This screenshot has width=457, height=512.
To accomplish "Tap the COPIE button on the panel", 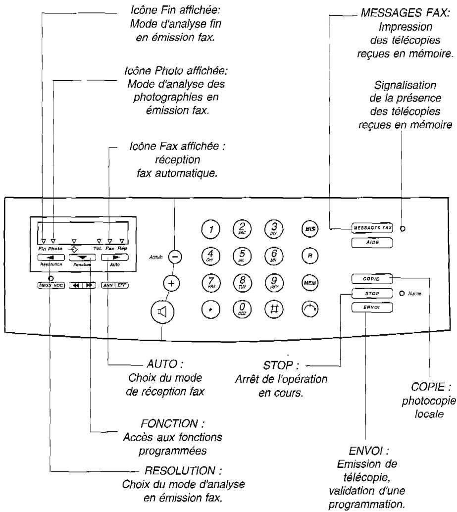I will pos(371,279).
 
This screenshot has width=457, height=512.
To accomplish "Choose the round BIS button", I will pos(309,229).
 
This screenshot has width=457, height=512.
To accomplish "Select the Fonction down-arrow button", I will pos(81,257).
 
